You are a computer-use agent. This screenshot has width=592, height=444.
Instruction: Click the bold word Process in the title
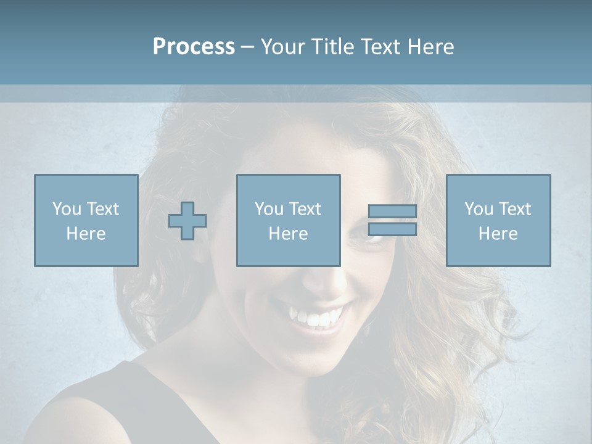(194, 47)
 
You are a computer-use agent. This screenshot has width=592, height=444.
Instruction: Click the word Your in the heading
(282, 47)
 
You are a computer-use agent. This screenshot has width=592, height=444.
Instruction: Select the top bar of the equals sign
(392, 211)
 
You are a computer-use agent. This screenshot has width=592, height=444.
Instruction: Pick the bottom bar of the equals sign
(392, 229)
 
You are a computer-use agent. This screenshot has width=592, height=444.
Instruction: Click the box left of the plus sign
(86, 220)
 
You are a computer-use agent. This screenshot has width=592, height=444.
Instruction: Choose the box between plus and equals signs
(288, 220)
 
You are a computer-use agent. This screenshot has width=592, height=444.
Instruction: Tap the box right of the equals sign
(498, 220)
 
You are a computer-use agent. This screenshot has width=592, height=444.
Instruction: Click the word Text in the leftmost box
(102, 209)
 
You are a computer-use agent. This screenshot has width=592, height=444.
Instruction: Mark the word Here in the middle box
(288, 234)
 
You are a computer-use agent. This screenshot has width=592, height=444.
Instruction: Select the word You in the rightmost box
(479, 209)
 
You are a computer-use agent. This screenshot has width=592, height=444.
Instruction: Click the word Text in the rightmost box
(514, 209)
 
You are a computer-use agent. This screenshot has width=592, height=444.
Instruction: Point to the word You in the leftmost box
(67, 209)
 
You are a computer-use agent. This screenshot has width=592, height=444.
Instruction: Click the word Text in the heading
(377, 47)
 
